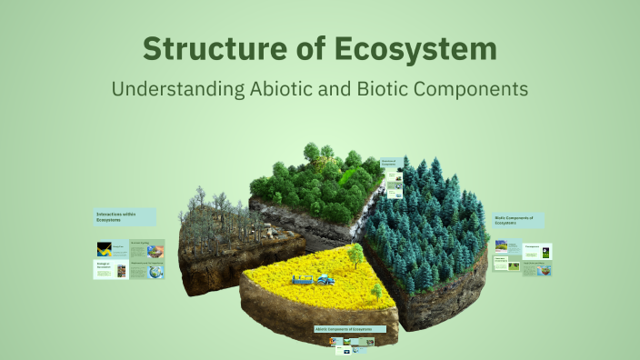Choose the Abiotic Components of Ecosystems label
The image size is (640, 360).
(x=352, y=328)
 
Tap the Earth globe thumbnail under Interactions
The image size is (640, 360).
(x=156, y=270)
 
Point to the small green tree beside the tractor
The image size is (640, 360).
(x=375, y=290)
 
